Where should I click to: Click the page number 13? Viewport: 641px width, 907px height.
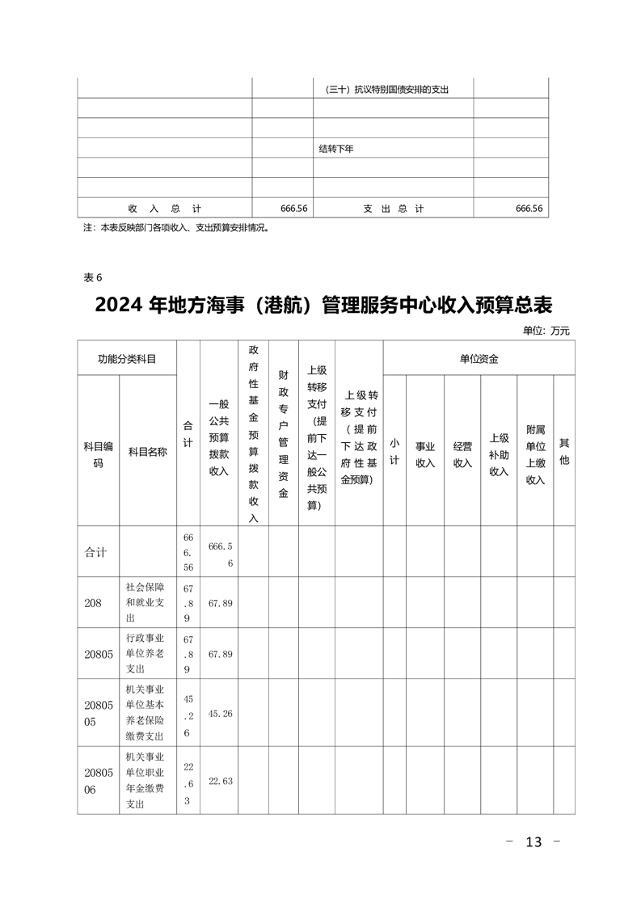533,842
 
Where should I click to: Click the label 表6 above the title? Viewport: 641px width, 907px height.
93,277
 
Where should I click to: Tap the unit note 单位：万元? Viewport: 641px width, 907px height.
546,330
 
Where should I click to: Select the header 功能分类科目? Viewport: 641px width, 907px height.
127,358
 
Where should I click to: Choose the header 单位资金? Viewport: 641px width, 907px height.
479,358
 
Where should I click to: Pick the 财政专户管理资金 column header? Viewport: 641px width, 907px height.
283,433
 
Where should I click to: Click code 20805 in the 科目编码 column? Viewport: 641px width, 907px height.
98,653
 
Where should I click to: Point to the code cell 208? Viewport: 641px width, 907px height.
92,602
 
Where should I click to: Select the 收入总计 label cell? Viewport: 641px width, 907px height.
164,209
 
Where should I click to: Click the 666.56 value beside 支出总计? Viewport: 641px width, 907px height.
529,209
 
